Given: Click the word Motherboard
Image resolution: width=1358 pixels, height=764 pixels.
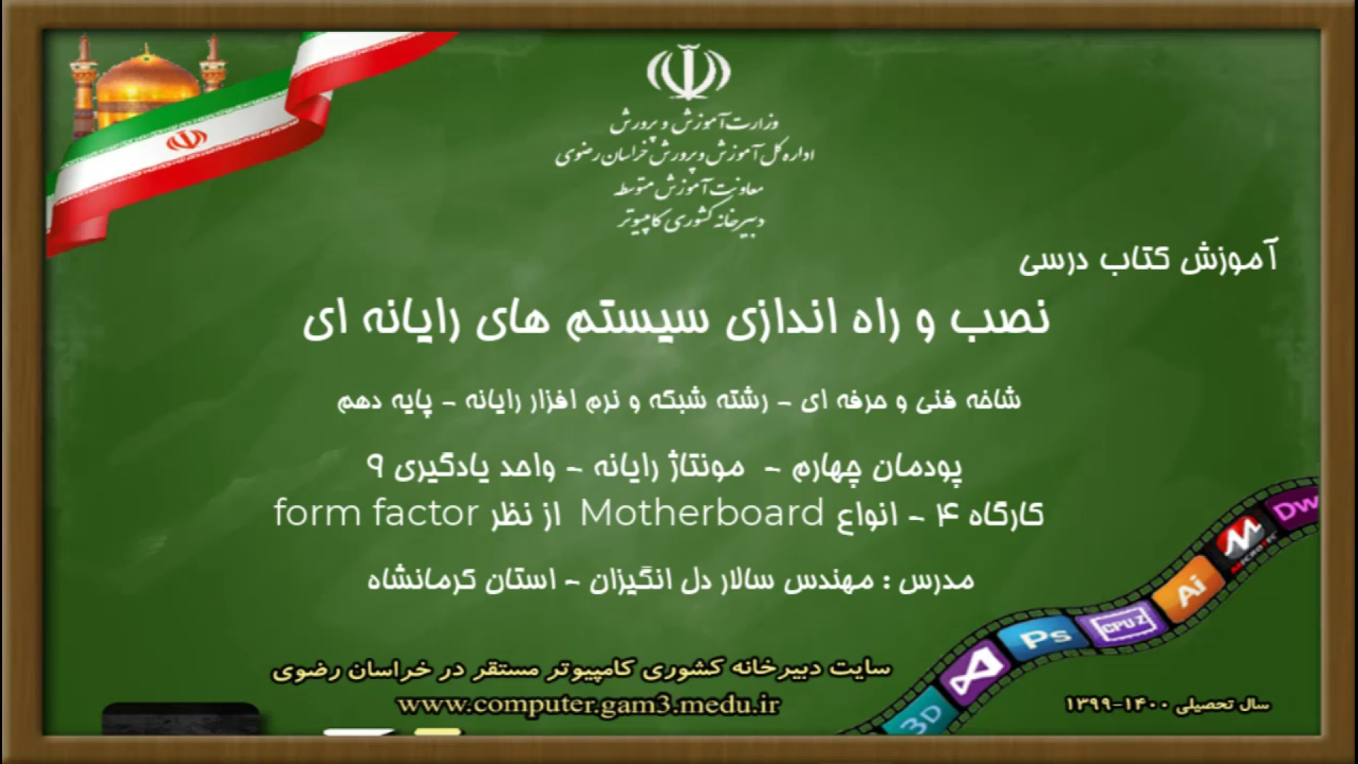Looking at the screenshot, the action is pyautogui.click(x=702, y=513).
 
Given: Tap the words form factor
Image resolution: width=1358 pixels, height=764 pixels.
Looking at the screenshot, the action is pyautogui.click(x=376, y=513).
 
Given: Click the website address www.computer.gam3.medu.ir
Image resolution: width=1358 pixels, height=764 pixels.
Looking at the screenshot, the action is pyautogui.click(x=588, y=705).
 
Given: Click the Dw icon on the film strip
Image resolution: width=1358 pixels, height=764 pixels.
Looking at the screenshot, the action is pyautogui.click(x=1294, y=508).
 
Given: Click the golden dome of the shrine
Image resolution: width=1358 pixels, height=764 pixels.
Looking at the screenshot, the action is pyautogui.click(x=147, y=81).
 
